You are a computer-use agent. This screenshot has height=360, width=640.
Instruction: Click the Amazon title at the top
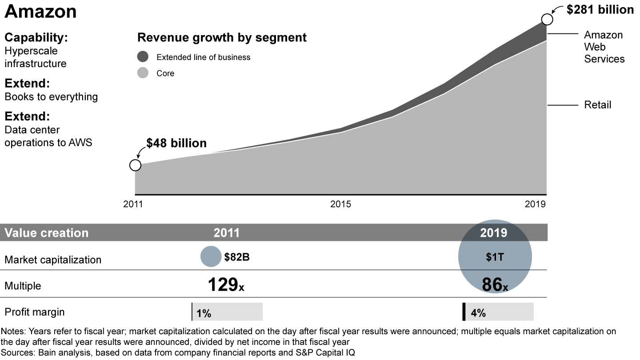tap(41, 12)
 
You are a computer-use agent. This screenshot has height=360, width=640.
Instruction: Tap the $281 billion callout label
tap(600, 10)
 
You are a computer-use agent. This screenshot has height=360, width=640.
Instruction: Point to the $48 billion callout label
tap(176, 143)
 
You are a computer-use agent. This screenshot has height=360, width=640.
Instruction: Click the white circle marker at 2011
tap(135, 165)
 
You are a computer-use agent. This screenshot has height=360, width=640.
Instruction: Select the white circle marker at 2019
tap(547, 20)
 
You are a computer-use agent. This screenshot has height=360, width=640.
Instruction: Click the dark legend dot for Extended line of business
tap(143, 57)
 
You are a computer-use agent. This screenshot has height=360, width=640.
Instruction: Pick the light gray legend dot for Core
tap(143, 73)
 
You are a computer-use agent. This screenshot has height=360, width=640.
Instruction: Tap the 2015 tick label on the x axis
tap(340, 204)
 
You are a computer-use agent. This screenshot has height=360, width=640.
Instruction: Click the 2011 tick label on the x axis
tap(133, 204)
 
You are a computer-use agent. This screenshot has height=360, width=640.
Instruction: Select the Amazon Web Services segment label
tap(604, 47)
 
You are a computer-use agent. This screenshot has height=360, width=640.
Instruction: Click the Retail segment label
tap(598, 105)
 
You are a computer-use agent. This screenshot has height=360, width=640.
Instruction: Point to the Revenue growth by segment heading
tap(222, 37)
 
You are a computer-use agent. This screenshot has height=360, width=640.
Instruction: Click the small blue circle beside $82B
tap(211, 257)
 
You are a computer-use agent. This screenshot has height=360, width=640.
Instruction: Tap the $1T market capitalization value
tap(495, 257)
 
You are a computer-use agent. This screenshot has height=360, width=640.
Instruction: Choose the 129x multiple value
tap(226, 285)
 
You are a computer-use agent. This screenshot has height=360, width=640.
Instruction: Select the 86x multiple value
tap(495, 285)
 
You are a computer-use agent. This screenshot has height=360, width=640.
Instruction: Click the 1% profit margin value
tap(204, 313)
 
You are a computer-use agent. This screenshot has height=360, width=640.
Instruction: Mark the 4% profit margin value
tap(478, 313)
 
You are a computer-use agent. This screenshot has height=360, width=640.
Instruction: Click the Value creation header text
tap(47, 233)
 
